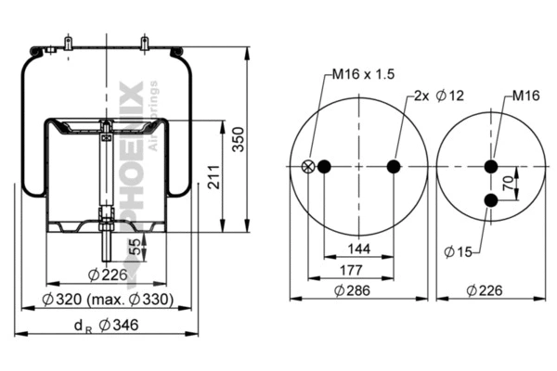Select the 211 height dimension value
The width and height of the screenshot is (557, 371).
point(214,182)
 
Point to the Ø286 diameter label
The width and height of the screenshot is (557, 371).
point(358,291)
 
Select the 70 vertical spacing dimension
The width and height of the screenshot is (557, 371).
point(508,184)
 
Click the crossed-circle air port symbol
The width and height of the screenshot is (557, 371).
point(308,167)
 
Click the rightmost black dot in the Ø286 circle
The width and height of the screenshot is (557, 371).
point(394,167)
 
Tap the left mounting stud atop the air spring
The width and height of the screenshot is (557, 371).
point(70,44)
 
